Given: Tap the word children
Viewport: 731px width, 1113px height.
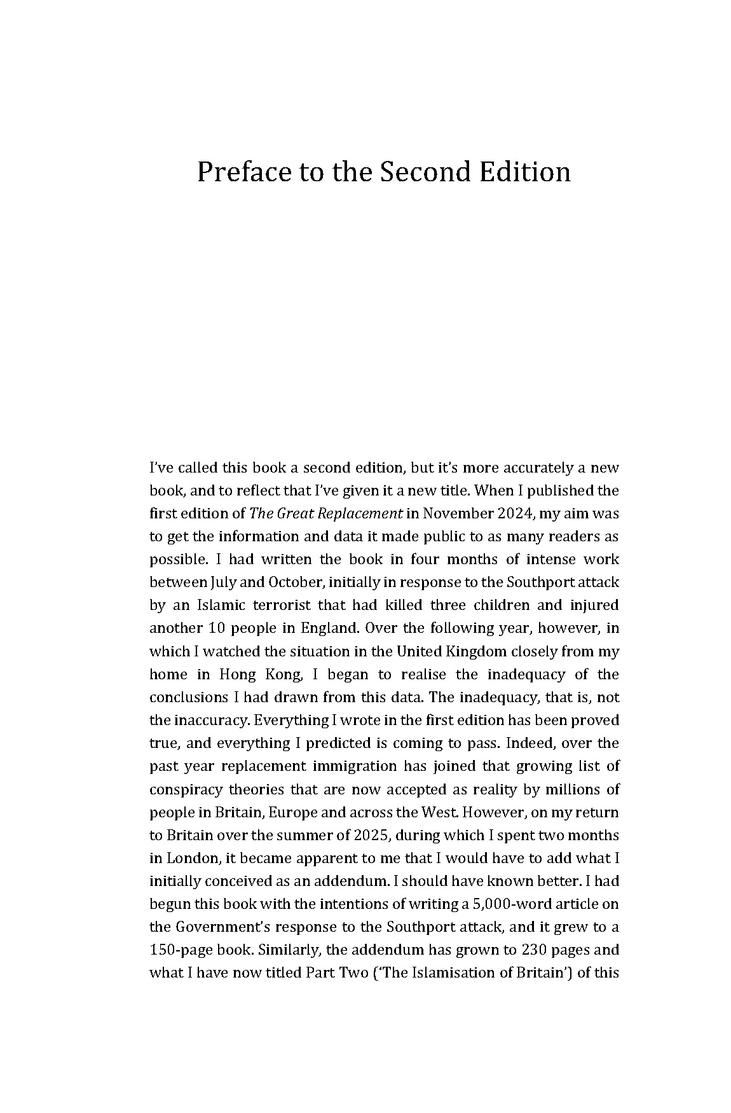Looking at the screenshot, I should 498,605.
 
